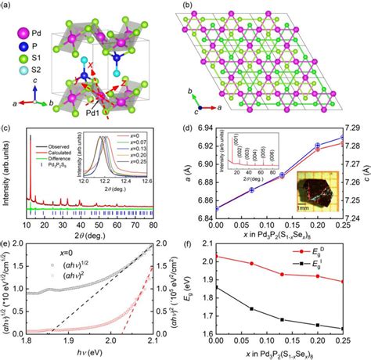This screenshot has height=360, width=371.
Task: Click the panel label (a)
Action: tap(9, 6)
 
